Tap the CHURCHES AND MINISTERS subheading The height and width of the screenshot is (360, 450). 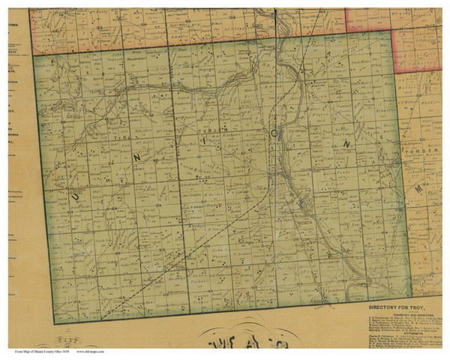[405, 313]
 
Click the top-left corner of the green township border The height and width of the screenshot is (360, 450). [34, 57]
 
